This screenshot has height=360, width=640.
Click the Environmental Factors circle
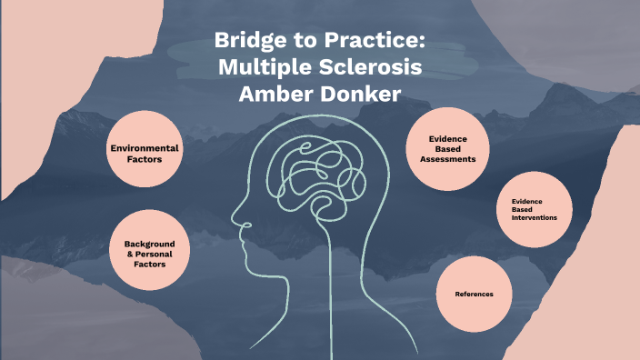(x=144, y=152)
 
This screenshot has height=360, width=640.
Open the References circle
(x=474, y=295)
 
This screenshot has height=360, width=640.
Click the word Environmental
(x=144, y=147)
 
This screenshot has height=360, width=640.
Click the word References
(x=474, y=295)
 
